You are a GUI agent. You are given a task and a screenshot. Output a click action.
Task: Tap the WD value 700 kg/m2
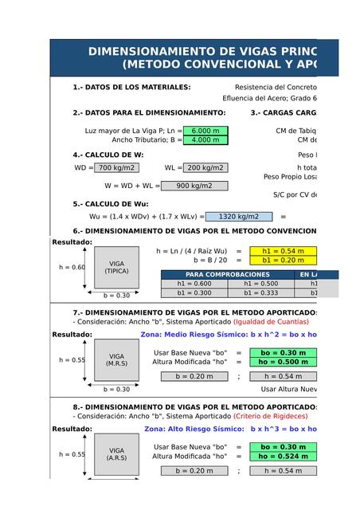point(116,168)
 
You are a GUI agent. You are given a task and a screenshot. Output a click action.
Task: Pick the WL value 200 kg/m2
point(205,168)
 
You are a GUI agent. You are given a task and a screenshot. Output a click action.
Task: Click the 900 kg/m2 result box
point(194,186)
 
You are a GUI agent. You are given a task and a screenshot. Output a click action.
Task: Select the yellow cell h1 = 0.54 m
point(283,250)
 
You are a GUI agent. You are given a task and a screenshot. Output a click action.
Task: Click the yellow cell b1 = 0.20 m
point(283,260)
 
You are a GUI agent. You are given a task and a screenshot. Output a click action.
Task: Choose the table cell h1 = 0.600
point(194,284)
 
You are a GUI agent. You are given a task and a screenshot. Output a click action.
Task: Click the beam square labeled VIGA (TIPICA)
point(116,267)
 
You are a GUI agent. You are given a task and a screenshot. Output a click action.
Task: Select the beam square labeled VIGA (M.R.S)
point(116,360)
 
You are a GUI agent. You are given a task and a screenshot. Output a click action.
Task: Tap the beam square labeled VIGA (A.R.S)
point(116,454)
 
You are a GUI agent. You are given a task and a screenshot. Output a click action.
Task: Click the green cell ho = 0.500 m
point(283,363)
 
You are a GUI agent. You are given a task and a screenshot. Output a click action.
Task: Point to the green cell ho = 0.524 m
point(283,457)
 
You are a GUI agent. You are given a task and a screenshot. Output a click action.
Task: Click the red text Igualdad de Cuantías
point(271,322)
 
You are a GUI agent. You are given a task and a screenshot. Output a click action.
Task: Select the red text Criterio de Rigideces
point(270,416)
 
